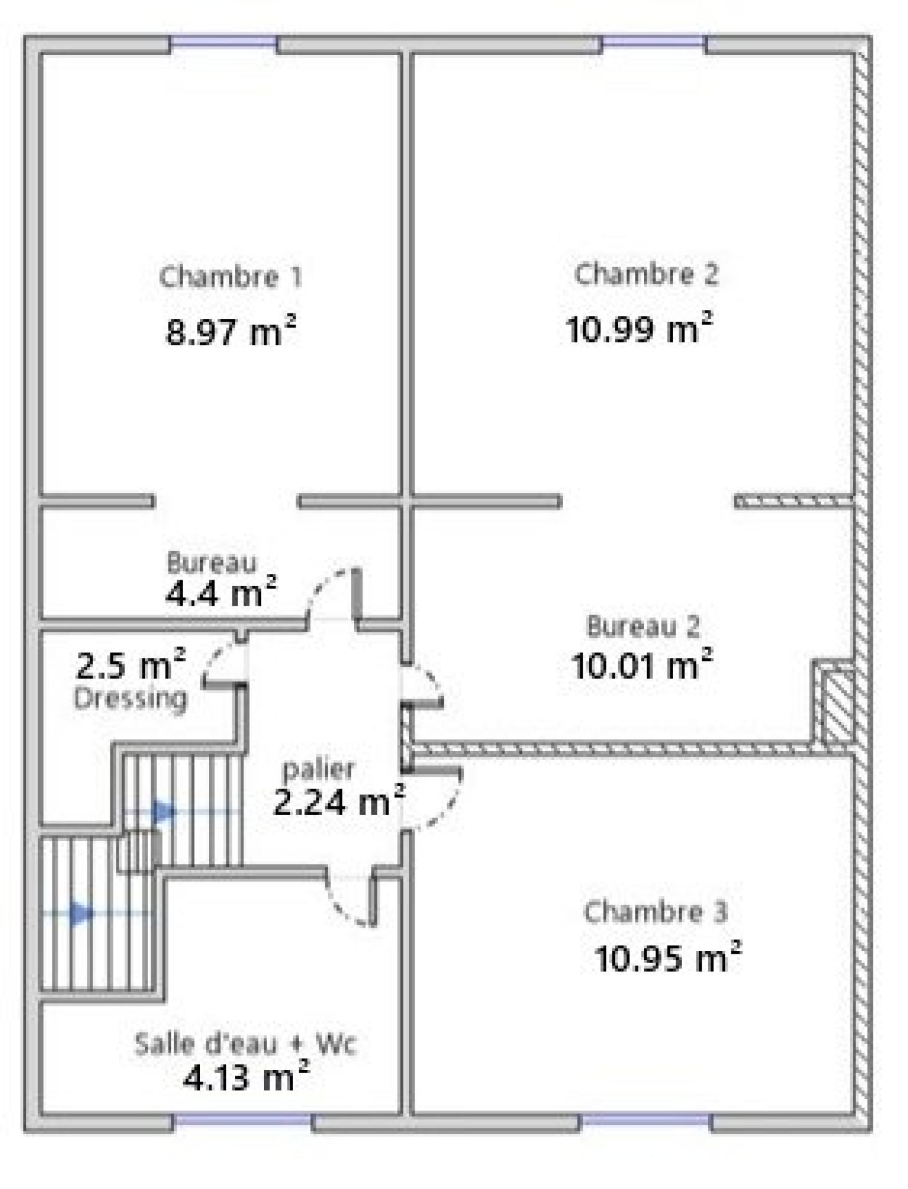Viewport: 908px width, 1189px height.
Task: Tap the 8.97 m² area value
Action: point(231,330)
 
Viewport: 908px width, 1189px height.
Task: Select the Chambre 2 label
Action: point(646,274)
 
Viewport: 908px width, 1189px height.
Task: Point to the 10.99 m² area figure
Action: point(639,327)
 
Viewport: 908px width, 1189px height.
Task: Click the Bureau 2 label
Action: point(643,626)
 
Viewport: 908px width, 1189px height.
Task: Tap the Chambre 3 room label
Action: point(655,912)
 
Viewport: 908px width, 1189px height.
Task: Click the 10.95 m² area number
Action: point(668,957)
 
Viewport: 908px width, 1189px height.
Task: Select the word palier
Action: point(318,770)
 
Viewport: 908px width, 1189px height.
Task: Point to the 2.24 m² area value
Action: point(339,801)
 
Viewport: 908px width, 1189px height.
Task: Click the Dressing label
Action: point(130,699)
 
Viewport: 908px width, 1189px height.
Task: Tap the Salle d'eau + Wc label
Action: point(245,1043)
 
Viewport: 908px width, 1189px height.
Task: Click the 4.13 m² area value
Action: point(246,1078)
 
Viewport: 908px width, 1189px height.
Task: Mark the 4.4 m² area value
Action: point(221,593)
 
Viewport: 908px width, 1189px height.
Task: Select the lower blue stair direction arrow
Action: point(81,913)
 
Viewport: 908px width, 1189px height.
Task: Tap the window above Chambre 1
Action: point(223,42)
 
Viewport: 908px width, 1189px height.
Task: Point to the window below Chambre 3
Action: point(645,1120)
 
